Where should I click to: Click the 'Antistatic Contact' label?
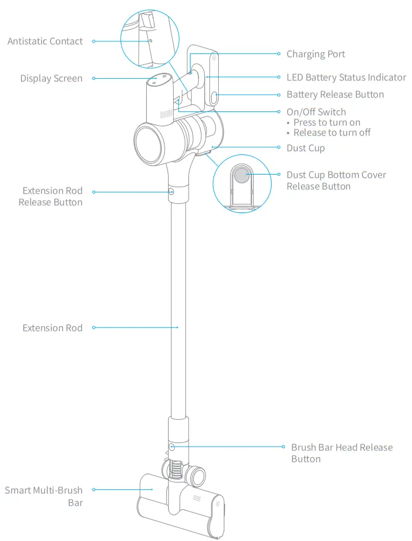tap(45, 41)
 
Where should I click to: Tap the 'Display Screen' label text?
tap(51, 79)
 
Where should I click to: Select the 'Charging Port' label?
tap(316, 54)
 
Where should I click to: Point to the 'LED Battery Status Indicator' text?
tap(346, 78)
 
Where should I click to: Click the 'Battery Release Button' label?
tap(335, 95)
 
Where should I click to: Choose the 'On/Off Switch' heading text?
tap(316, 112)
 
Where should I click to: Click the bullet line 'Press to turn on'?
tap(326, 122)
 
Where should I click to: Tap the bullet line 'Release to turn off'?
tap(331, 133)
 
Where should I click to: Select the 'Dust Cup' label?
tap(306, 148)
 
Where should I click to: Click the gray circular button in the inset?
tap(242, 175)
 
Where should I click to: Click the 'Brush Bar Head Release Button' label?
tap(341, 453)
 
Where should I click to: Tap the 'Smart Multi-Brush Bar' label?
tap(44, 496)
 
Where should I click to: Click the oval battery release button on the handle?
tap(213, 97)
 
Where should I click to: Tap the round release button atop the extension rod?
tap(171, 192)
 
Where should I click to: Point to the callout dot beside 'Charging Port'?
tap(279, 54)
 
